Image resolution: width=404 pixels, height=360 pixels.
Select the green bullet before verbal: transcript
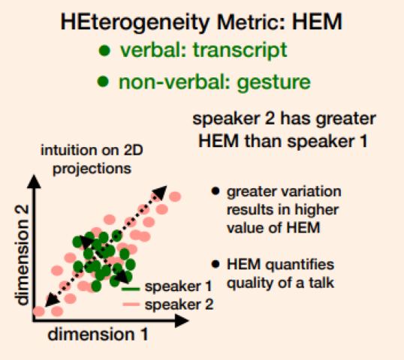coord(104,50)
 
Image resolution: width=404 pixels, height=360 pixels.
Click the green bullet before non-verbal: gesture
coord(103,81)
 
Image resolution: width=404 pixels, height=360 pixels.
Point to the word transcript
coord(240,50)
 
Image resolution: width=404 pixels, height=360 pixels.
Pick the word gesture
coord(273,83)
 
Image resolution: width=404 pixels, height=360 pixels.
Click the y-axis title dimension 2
coord(22,255)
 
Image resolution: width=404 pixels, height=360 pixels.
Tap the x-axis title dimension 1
coord(98,334)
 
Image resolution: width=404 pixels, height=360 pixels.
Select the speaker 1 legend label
coord(178,286)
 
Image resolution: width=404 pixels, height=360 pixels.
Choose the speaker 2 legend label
coord(179,304)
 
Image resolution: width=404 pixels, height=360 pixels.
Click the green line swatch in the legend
coord(131,289)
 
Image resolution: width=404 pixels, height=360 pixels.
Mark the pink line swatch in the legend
coord(131,304)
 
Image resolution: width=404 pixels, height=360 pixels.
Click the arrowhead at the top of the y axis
coord(34,181)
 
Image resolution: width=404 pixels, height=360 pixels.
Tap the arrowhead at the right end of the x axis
coord(182,321)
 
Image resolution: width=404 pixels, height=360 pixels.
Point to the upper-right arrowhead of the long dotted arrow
coord(160,192)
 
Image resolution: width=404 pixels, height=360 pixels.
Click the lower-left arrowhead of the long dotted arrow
coord(52,300)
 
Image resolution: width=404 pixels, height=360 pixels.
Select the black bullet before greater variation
coord(216,191)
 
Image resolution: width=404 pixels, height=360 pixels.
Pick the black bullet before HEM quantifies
coord(216,264)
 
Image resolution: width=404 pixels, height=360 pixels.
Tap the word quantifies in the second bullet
coord(300,265)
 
